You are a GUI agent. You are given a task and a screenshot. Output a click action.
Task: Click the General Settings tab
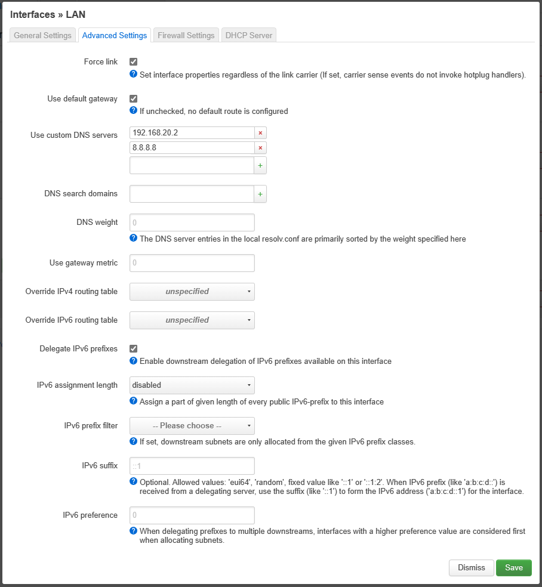click(42, 35)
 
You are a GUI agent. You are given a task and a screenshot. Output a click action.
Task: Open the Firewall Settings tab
click(186, 35)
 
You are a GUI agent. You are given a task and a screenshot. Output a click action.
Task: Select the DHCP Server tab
click(248, 35)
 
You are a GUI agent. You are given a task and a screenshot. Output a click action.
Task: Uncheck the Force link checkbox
click(134, 61)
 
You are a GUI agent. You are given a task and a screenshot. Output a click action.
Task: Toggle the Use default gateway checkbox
click(134, 98)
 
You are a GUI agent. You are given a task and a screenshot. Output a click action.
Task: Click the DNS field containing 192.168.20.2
click(192, 132)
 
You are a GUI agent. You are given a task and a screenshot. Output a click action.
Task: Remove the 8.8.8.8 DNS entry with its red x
click(260, 148)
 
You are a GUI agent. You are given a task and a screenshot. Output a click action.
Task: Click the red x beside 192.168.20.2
click(260, 132)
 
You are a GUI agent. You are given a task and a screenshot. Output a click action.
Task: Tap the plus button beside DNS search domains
click(260, 194)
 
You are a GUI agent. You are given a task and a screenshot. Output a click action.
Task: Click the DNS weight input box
click(192, 223)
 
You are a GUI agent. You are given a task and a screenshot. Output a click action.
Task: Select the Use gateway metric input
click(192, 263)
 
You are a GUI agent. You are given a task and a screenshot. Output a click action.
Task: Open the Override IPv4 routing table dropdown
click(192, 292)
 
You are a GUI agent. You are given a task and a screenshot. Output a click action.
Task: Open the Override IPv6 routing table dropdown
click(192, 320)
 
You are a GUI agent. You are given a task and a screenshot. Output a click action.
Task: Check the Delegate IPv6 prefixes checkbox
click(134, 348)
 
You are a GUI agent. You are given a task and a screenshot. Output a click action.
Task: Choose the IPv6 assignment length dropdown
click(192, 385)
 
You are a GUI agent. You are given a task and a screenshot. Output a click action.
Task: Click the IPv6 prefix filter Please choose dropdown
click(192, 426)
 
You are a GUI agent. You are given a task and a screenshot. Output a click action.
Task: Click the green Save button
click(513, 567)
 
